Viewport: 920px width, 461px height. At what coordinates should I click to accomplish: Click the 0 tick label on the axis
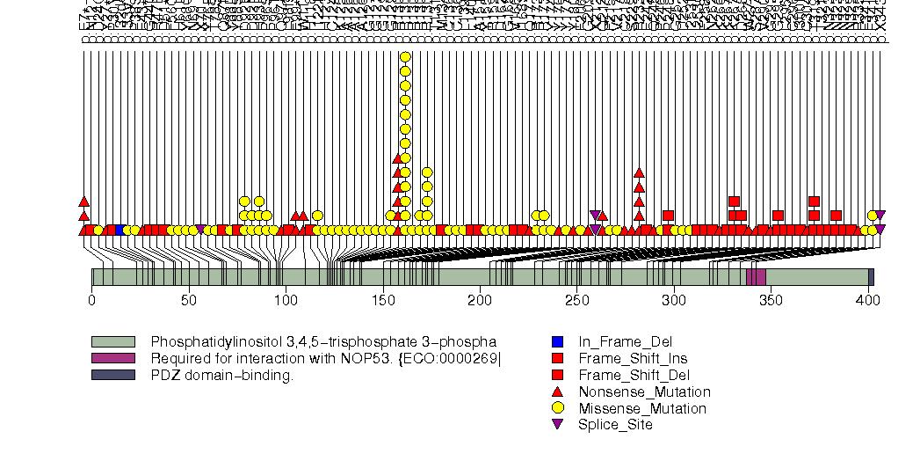(91, 301)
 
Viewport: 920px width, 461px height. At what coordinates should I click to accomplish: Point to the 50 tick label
(188, 301)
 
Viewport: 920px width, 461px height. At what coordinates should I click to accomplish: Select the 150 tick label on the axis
(382, 301)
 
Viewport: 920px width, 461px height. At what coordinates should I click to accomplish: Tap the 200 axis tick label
(480, 301)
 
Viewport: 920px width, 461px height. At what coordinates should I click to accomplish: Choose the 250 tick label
(576, 301)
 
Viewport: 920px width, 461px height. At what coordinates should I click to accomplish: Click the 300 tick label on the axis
(674, 301)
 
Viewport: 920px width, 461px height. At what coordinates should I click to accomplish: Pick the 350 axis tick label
(771, 301)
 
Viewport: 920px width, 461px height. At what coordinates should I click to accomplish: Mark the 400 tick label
(868, 301)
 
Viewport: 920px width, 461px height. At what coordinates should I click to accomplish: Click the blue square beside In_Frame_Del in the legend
(557, 341)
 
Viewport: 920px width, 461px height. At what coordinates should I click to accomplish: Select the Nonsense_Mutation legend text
(644, 392)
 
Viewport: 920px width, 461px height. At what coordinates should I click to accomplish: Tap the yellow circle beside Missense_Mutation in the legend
(557, 409)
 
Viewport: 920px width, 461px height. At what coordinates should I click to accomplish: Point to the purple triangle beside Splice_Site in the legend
(557, 426)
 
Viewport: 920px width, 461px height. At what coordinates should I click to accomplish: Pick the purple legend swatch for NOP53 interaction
(113, 358)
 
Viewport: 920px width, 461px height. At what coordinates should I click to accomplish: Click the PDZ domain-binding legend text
(222, 376)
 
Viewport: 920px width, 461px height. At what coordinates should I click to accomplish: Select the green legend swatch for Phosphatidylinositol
(113, 341)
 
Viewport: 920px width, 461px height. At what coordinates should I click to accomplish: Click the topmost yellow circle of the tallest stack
(405, 57)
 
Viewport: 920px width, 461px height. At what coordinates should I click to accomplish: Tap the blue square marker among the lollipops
(119, 230)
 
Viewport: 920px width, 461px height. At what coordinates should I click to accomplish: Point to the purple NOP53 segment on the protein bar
(756, 277)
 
